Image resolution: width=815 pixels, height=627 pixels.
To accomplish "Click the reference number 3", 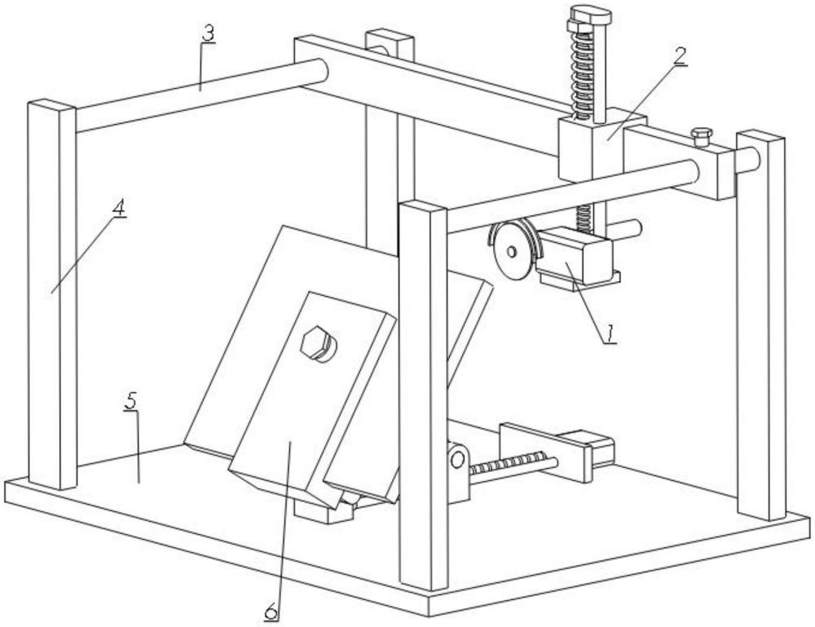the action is coord(207,34).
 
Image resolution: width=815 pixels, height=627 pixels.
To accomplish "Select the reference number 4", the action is coord(119,209).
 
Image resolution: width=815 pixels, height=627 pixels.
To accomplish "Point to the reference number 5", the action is coord(131,401).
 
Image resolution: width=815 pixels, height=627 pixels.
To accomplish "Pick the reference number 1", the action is coord(610,333).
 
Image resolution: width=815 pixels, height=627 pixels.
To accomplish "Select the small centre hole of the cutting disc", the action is coord(512,252).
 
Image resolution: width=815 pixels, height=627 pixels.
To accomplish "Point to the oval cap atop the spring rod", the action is coord(591,14).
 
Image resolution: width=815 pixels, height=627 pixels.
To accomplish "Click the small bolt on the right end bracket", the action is coord(701,137).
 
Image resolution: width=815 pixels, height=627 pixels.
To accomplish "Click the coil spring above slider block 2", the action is coord(583,74).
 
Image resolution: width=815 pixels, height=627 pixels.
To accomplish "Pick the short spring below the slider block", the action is coord(584,217).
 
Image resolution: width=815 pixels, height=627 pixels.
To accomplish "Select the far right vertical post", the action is coord(760,325).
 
